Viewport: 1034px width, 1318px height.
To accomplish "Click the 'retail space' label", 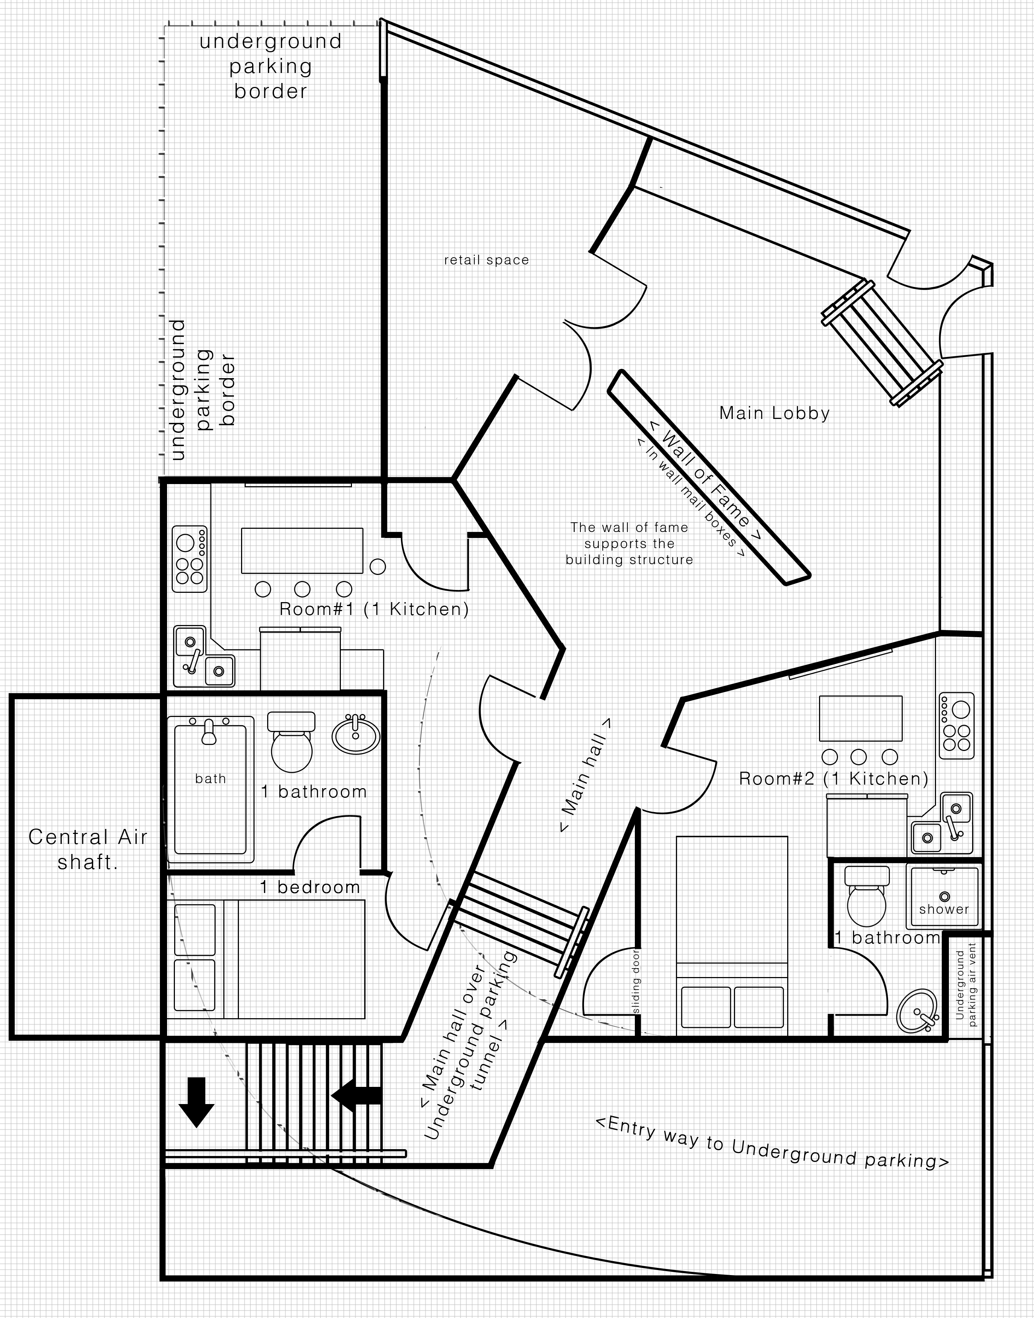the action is [486, 260].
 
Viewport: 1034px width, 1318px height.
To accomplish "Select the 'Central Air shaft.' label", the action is [88, 849].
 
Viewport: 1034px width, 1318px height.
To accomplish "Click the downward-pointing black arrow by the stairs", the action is [196, 1102].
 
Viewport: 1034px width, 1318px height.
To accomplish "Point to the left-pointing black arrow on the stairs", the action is [356, 1095].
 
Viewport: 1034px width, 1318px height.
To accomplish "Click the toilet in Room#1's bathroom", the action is [291, 742].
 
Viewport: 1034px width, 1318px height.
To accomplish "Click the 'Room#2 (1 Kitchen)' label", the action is [834, 778].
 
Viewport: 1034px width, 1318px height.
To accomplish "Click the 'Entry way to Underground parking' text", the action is [773, 1142].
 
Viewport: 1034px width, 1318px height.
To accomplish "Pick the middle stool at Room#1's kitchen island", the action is [302, 589].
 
